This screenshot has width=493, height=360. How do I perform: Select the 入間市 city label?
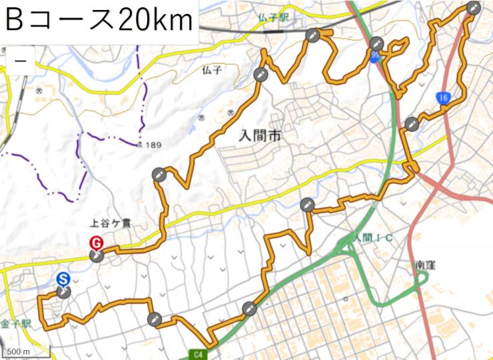click(259, 137)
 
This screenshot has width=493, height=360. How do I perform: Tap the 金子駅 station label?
click(16, 324)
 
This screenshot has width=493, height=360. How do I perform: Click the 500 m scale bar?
click(19, 351)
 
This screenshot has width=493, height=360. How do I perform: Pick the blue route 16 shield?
click(443, 98)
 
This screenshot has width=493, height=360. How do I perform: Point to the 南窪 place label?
click(425, 265)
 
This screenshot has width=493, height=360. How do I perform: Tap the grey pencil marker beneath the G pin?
click(97, 256)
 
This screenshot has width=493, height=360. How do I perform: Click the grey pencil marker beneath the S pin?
click(63, 292)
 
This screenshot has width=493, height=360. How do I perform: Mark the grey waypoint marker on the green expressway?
click(249, 308)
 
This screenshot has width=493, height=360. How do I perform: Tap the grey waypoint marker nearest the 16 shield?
click(411, 123)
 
